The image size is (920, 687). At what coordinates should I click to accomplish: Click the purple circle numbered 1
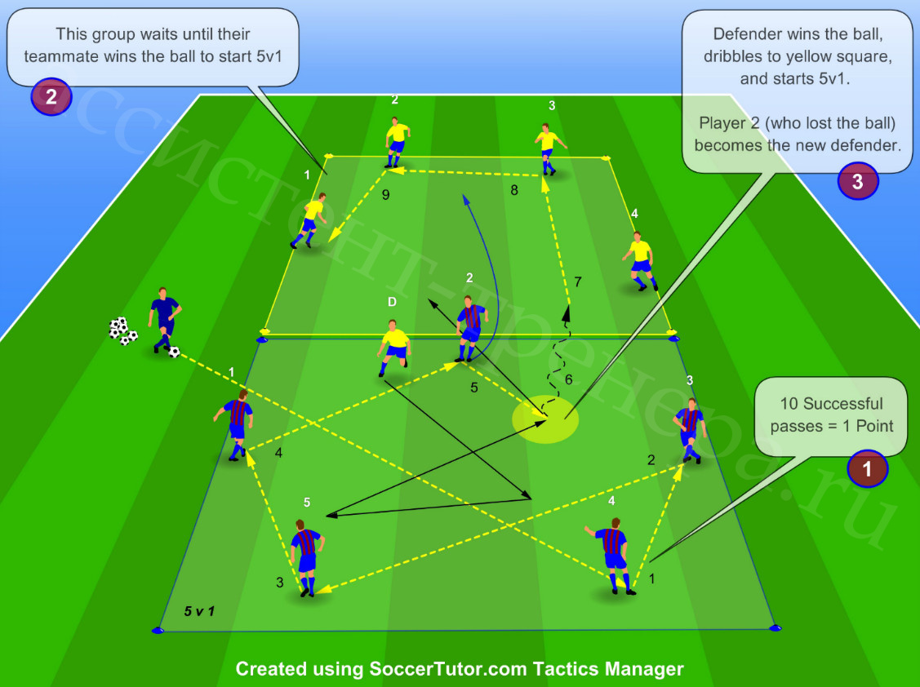(867, 469)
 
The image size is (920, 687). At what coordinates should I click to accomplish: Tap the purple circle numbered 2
(51, 97)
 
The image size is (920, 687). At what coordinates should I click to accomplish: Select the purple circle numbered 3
(857, 181)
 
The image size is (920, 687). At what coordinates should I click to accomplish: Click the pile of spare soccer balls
(122, 331)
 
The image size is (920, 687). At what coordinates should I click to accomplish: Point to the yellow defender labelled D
(393, 348)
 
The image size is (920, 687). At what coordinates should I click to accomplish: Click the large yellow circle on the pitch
(545, 419)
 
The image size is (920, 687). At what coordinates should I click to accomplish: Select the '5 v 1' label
(199, 611)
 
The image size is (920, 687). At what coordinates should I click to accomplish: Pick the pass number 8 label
(514, 190)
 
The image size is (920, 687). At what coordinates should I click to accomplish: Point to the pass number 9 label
(385, 195)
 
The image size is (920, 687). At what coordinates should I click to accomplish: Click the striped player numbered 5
(306, 557)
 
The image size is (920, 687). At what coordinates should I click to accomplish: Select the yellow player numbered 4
(639, 260)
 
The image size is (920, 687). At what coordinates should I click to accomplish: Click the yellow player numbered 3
(549, 148)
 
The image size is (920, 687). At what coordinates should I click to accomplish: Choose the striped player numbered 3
(690, 430)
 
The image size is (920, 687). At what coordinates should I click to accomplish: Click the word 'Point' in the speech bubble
(874, 426)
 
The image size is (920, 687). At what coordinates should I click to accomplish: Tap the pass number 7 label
(578, 282)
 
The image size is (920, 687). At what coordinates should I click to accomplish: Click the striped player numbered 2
(470, 328)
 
